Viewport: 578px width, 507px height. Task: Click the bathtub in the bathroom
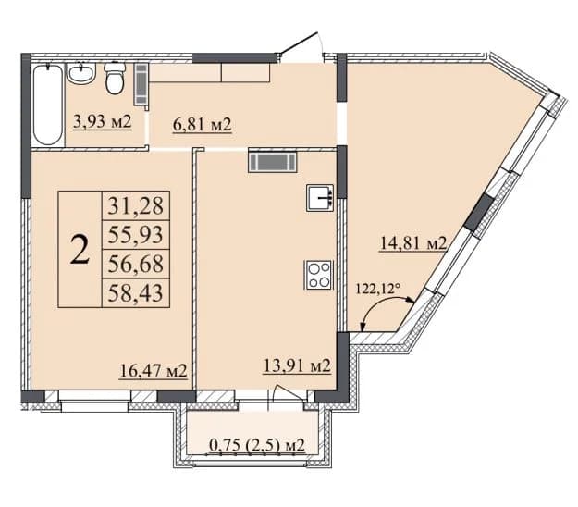click(47, 105)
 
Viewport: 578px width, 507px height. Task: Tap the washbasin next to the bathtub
click(81, 73)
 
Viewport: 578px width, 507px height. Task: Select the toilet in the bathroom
click(115, 78)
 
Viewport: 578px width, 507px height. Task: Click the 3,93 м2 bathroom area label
click(103, 121)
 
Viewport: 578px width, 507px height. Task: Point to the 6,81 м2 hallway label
click(202, 125)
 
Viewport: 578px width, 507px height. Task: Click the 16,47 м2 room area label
click(154, 370)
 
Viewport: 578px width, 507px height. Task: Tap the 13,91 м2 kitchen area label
click(297, 365)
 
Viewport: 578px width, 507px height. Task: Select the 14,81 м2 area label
click(412, 243)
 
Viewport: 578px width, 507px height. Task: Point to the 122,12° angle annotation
click(378, 289)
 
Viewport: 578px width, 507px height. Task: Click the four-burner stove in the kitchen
click(318, 275)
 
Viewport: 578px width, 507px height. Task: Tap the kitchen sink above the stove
click(320, 198)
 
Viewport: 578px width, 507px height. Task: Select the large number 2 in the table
click(80, 250)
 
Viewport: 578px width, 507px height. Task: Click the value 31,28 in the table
click(136, 205)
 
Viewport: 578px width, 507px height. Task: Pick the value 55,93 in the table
click(136, 235)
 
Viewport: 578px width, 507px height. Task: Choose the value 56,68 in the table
click(136, 264)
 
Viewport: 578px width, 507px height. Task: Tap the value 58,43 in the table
click(136, 293)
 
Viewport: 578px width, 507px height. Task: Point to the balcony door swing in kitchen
click(289, 392)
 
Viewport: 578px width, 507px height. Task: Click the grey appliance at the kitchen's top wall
click(273, 162)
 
